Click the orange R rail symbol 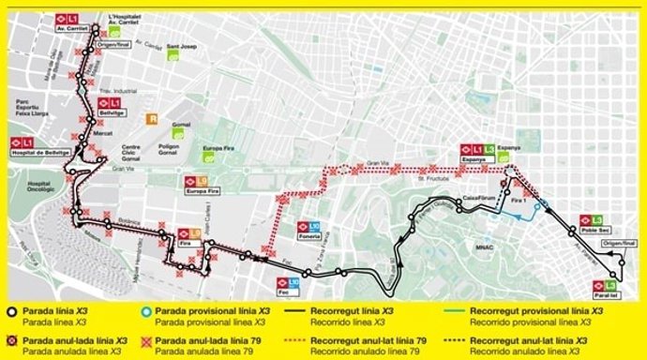click(x=150, y=119)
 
